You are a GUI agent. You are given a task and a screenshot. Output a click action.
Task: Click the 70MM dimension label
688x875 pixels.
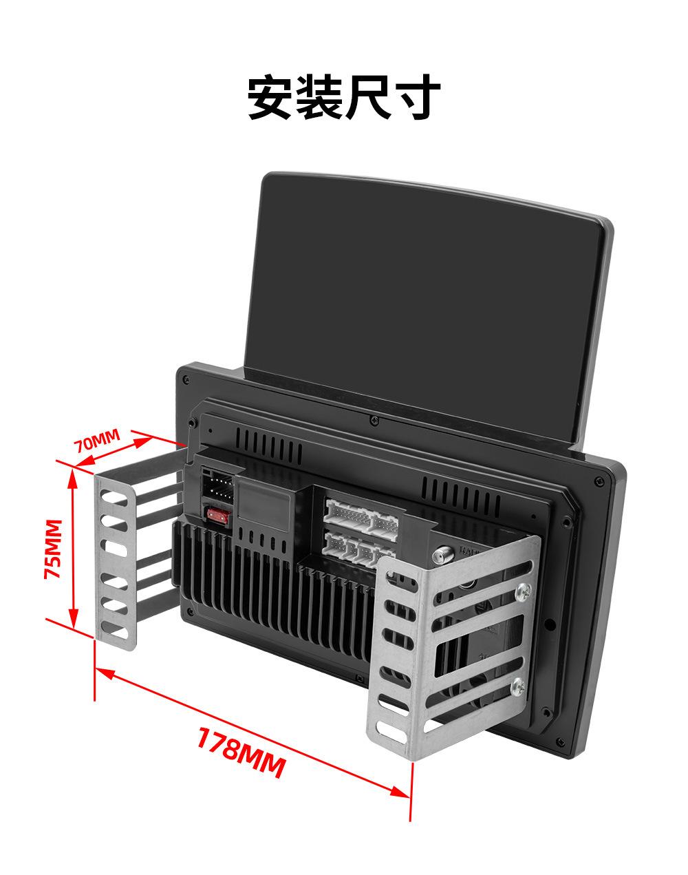[x=98, y=441]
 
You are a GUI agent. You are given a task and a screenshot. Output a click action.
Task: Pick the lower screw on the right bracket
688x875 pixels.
[x=518, y=686]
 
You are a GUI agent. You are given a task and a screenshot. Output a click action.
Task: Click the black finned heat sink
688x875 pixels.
[x=275, y=592]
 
